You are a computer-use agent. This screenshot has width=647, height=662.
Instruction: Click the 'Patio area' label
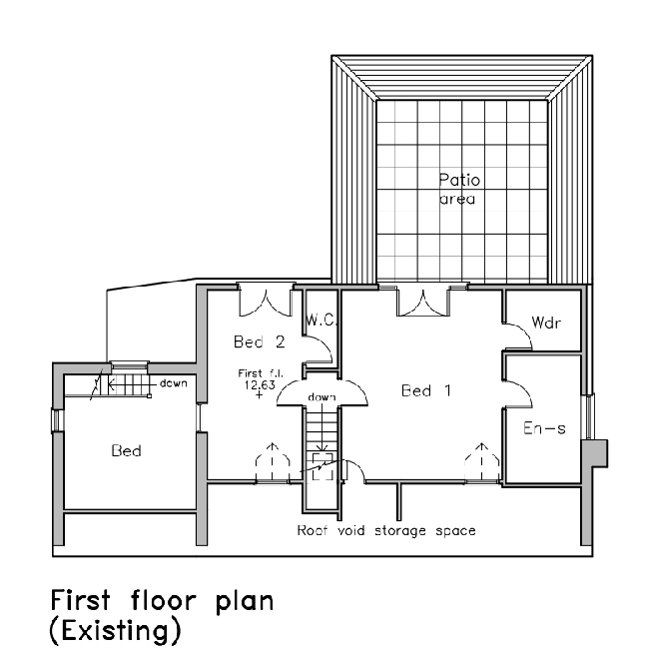[x=459, y=189]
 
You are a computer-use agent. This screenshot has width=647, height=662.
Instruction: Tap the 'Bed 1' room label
[x=426, y=390]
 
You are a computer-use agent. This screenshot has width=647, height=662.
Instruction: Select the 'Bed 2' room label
[x=260, y=342]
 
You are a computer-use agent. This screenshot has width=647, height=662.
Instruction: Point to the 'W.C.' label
[x=320, y=322]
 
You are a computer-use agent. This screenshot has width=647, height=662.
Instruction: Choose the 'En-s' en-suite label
[x=545, y=428]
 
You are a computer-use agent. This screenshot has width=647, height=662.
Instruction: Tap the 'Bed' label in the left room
[x=126, y=451]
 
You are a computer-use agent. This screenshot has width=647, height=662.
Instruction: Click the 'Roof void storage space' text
[x=385, y=530]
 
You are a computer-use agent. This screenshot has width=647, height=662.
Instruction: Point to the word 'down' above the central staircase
[x=321, y=397]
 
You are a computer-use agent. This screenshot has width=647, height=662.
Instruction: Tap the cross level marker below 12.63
[x=259, y=396]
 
